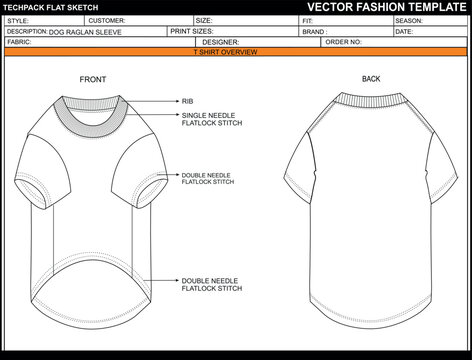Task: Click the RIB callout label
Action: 188,101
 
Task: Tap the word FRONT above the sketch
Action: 93,79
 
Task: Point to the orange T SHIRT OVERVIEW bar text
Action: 226,51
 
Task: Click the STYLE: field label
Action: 18,20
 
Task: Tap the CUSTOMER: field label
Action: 106,20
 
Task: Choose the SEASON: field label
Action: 409,20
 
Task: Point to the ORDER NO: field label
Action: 342,43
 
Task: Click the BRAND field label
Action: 313,32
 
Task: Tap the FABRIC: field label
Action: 18,43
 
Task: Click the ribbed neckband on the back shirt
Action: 369,98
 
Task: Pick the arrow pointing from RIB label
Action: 159,101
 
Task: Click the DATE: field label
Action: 404,32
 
